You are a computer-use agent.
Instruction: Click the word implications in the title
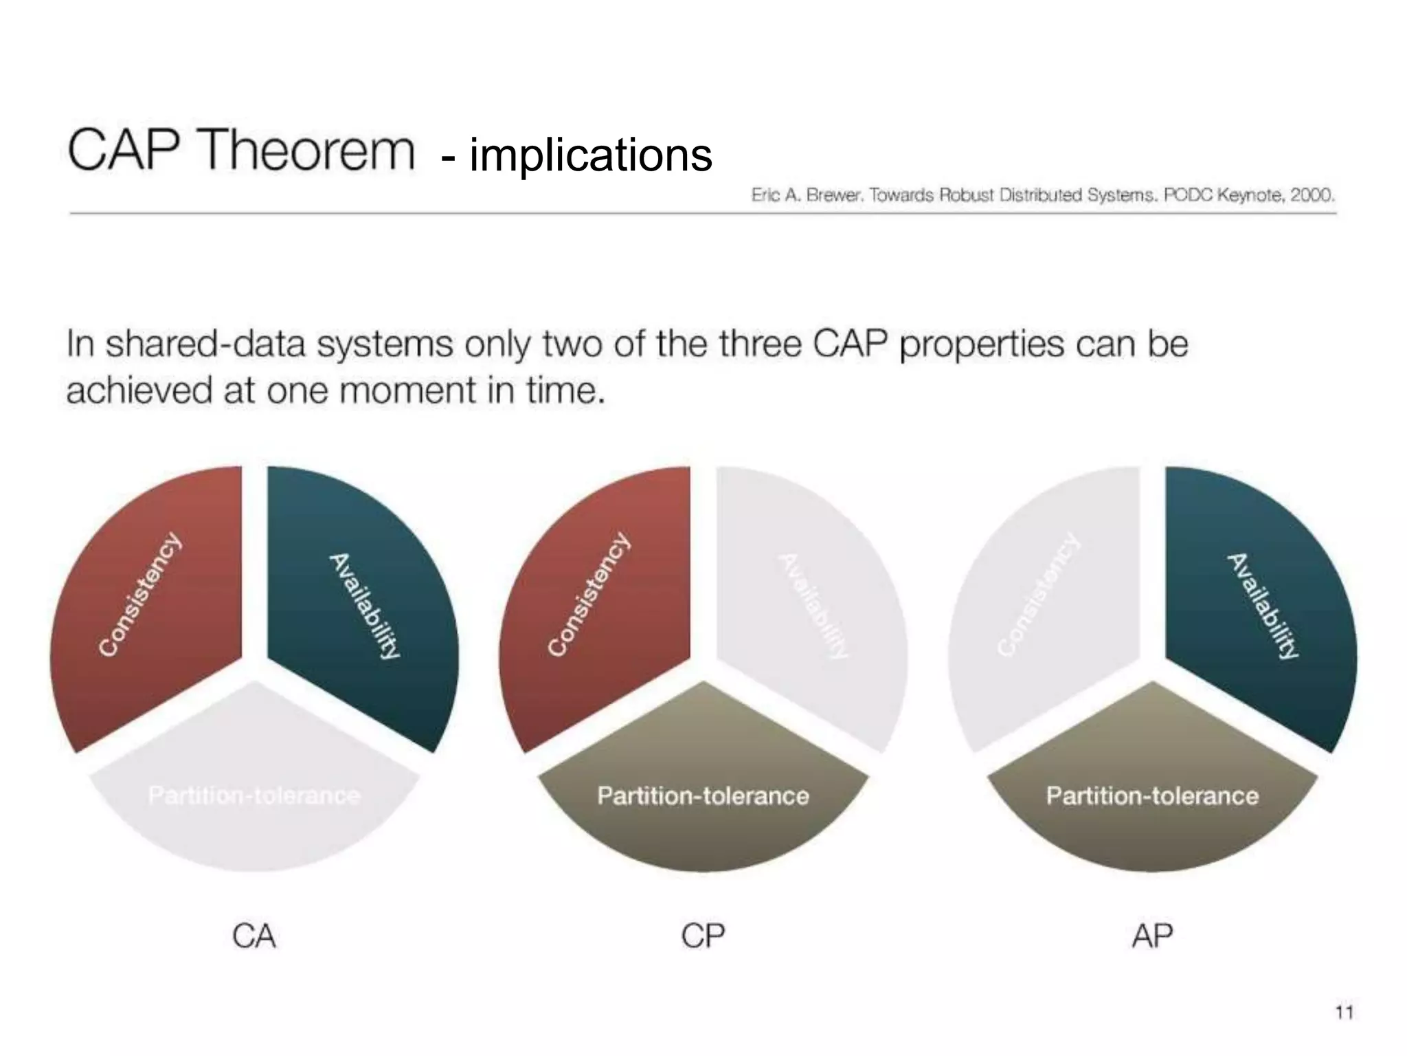(x=591, y=155)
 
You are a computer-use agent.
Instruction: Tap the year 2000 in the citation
(x=1311, y=195)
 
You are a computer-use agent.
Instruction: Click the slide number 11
(x=1344, y=1012)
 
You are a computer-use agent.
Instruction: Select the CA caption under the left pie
(x=254, y=936)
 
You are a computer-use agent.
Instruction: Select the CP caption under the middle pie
(x=702, y=936)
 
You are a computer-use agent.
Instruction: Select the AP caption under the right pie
(x=1152, y=936)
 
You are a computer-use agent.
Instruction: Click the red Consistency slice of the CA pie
(x=151, y=605)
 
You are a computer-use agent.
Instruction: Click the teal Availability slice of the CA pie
(x=357, y=605)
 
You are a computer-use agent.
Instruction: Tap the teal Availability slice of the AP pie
(x=1257, y=605)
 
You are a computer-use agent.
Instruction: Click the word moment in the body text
(x=408, y=390)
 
